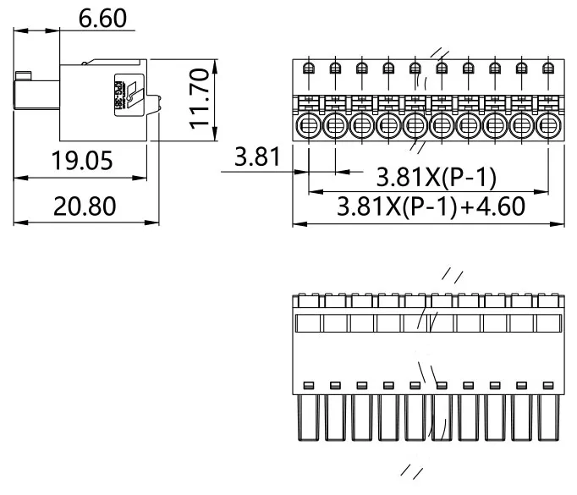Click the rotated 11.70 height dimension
pos(199,99)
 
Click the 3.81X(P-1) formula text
pos(436,178)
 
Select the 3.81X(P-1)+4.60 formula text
pos(431,206)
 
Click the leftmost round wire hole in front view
pos(309,127)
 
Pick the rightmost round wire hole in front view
pos(549,127)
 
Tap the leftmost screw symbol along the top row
pos(309,69)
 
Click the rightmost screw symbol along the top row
pos(549,69)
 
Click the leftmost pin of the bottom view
pos(308,419)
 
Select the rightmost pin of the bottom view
pos(549,419)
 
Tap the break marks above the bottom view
pos(453,276)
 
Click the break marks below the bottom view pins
pos(411,472)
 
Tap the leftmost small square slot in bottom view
pos(308,385)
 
